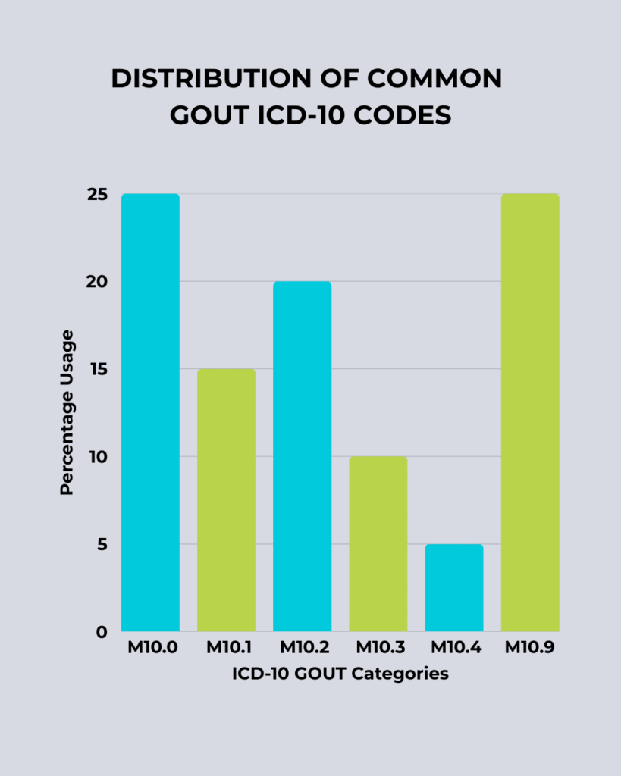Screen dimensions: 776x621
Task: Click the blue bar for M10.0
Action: [x=151, y=413]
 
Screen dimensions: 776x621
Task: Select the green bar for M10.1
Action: [x=227, y=500]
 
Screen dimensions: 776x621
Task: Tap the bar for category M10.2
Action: [x=303, y=456]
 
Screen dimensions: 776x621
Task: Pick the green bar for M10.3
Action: [x=378, y=544]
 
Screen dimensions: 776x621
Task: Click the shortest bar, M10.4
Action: [x=454, y=588]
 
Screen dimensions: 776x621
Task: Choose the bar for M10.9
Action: [x=530, y=413]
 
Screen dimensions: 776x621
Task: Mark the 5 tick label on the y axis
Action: [x=101, y=544]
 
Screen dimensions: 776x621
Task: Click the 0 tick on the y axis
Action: [x=101, y=632]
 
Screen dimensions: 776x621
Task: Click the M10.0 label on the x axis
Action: [x=150, y=650]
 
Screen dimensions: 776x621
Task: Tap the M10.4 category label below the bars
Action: [x=454, y=650]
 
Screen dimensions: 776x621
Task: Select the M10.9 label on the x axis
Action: [x=530, y=650]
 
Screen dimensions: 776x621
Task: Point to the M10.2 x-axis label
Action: [x=303, y=650]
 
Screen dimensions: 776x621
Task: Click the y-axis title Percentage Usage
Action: [x=67, y=412]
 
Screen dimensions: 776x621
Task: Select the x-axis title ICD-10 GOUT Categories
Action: [x=340, y=674]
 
